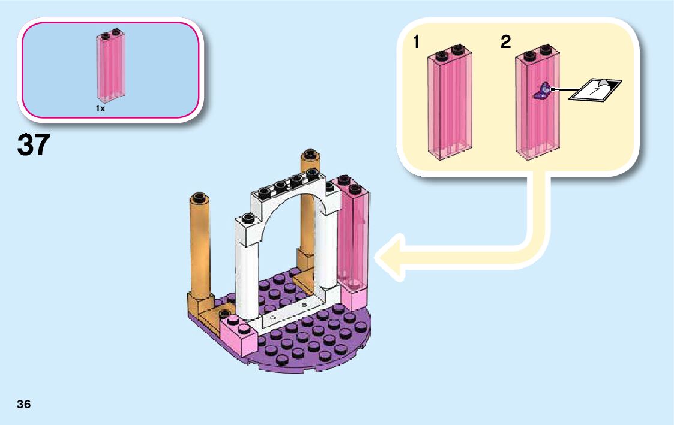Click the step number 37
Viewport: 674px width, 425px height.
(x=34, y=145)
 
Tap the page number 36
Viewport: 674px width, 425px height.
(x=24, y=404)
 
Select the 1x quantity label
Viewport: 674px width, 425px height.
(x=100, y=109)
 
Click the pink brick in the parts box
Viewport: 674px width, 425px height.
(x=111, y=66)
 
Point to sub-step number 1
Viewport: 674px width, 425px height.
(x=416, y=42)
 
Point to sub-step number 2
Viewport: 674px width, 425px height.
(x=505, y=42)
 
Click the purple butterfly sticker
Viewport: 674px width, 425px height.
(x=543, y=91)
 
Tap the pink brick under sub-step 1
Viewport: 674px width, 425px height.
(x=450, y=108)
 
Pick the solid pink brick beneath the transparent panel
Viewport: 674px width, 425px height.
(x=354, y=298)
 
